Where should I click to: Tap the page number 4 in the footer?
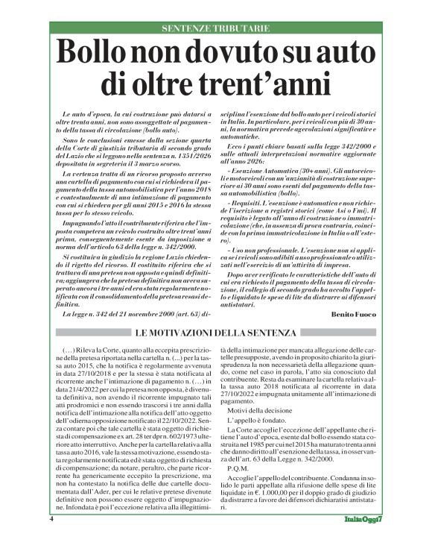click(x=51, y=538)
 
